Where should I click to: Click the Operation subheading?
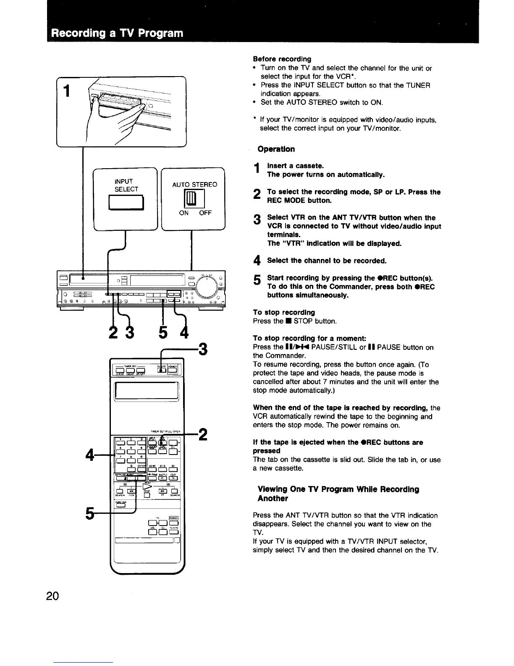tap(276, 149)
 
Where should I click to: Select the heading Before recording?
tap(282, 59)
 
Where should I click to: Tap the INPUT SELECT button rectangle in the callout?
tap(126, 203)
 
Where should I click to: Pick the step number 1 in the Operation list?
tap(256, 169)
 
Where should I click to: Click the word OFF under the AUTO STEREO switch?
tap(205, 213)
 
